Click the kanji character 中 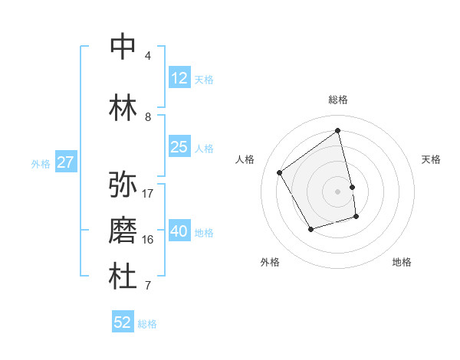123,47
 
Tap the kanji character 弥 123,185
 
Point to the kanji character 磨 123,231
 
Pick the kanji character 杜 123,277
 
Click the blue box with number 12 179,78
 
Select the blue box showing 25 179,147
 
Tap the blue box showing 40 179,231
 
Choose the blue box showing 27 65,162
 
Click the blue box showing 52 123,322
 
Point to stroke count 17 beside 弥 148,193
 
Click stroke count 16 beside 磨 148,240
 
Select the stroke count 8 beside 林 148,117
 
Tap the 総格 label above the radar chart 338,100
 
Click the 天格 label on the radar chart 432,159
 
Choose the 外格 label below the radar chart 270,262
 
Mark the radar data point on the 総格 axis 338,131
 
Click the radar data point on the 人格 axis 280,173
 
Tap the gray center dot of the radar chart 338,191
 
